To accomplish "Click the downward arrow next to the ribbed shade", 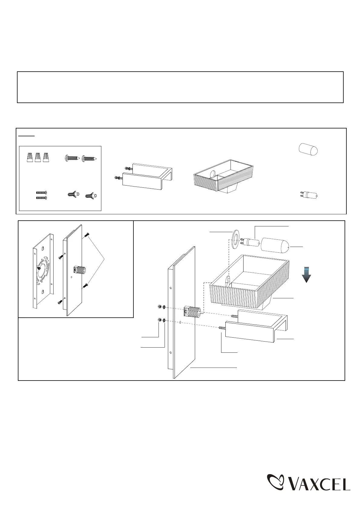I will tap(307, 274).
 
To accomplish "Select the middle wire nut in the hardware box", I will tap(38, 157).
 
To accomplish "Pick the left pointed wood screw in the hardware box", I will tap(72, 158).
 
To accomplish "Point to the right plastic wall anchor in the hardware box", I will tap(91, 196).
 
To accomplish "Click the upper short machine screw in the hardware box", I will tap(41, 193).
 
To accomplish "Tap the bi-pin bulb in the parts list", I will tap(308, 195).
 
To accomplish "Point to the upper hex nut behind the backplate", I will tap(160, 307).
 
